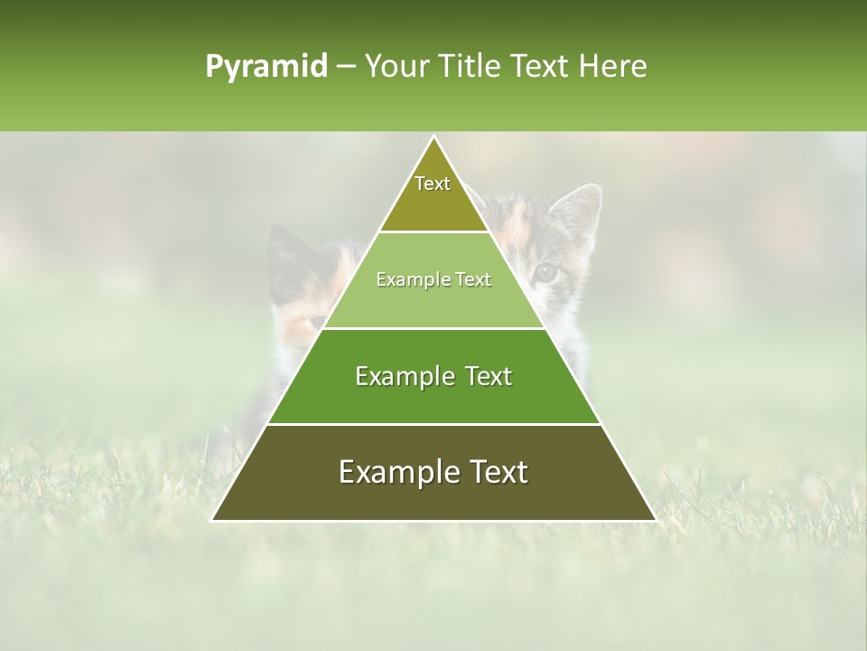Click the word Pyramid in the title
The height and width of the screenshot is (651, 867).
pos(266,66)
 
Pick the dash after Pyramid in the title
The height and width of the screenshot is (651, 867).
pos(346,67)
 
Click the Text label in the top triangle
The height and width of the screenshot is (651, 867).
pos(433,184)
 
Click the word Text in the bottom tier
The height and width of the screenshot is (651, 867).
pos(498,472)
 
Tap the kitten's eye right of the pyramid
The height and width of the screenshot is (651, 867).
pos(545,271)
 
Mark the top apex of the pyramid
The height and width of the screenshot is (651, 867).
pos(433,137)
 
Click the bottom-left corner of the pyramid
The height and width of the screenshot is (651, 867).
pos(212,520)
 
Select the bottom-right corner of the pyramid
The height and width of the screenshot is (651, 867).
pos(656,520)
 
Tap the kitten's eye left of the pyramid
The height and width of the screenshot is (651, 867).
pos(317,321)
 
